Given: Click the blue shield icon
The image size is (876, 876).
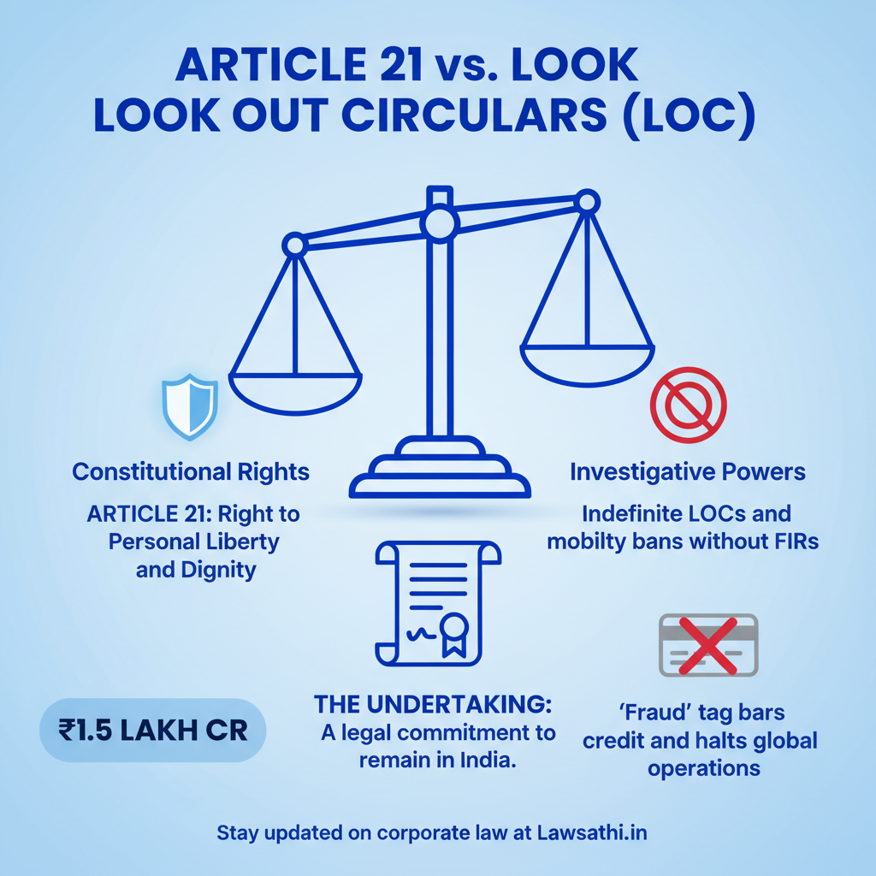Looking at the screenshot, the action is (189, 406).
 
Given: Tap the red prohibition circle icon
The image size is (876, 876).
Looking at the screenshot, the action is (689, 405).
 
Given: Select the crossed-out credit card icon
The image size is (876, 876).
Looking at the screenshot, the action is (708, 645).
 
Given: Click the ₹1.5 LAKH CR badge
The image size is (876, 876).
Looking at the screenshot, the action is (152, 731).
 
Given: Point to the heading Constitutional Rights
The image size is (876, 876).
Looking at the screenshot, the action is (191, 472).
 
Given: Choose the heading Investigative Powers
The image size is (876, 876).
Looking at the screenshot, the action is (688, 472).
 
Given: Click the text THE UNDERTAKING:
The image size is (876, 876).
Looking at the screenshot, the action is (433, 704).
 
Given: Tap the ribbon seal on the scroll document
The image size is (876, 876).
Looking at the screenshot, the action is (453, 634).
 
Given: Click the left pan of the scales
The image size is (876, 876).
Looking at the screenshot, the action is (295, 394).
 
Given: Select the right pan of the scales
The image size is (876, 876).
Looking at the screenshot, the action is (587, 366).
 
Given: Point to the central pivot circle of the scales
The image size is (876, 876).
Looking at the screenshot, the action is (440, 223).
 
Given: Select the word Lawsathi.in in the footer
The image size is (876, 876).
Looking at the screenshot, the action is (592, 832).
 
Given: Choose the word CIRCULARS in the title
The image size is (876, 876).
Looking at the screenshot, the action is (474, 115).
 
